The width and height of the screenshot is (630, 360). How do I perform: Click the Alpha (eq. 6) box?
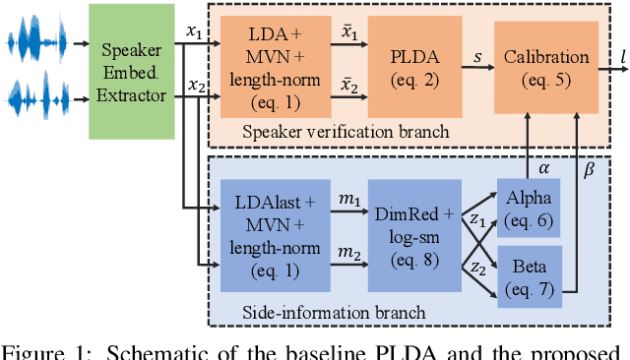[x=528, y=207]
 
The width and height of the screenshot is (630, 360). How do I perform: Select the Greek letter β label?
[x=590, y=169]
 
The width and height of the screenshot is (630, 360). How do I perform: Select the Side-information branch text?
[x=334, y=313]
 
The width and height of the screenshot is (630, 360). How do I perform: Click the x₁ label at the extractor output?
[x=195, y=31]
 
